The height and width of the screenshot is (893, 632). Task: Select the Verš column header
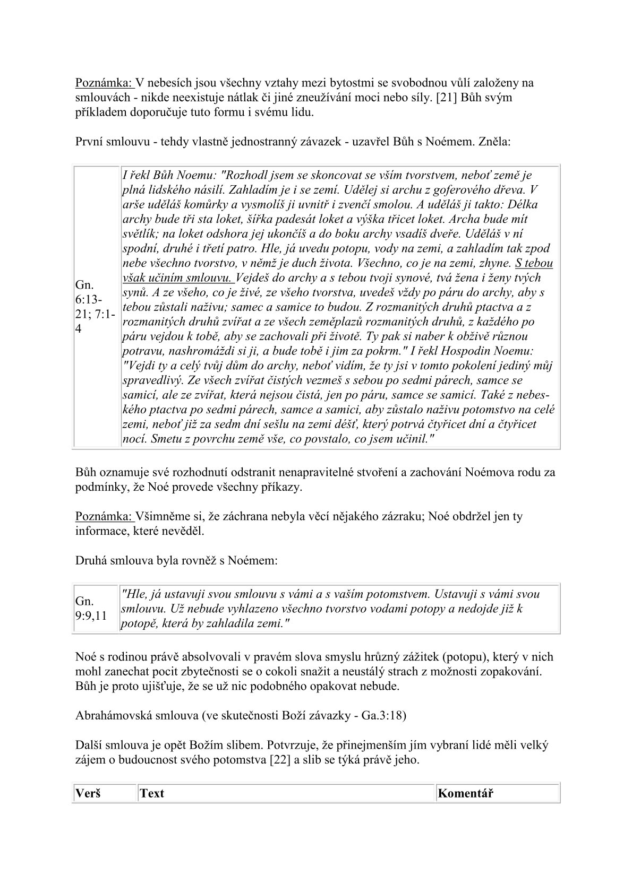[x=88, y=793]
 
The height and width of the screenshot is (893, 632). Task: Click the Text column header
[x=152, y=793]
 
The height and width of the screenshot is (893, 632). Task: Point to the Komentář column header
[x=465, y=793]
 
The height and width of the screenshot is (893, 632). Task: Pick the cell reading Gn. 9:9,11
[x=91, y=608]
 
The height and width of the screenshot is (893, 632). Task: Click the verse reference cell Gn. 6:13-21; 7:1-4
[x=95, y=307]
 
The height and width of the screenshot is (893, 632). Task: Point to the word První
[x=90, y=142]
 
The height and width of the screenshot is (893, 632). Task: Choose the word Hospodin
[x=475, y=351]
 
